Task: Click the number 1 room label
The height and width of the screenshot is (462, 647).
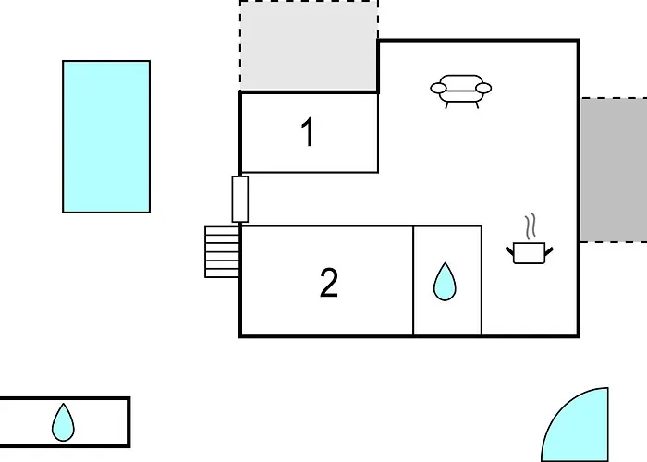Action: [x=309, y=132]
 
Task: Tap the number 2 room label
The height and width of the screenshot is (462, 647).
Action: [x=329, y=283]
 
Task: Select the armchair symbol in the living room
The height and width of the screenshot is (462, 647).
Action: [x=461, y=91]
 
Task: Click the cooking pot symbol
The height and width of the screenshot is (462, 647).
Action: [x=530, y=252]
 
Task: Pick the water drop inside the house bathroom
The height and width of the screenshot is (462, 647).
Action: [x=445, y=281]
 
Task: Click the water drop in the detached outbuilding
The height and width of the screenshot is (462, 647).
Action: [x=63, y=422]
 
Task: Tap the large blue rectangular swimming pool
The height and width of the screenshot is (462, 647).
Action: [x=106, y=137]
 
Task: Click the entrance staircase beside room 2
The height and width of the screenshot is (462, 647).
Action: [x=222, y=251]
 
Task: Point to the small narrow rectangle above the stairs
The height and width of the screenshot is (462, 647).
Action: [x=239, y=200]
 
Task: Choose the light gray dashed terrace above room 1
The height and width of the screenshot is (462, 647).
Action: [x=309, y=46]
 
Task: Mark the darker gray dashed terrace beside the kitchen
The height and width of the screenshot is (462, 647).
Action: [x=614, y=170]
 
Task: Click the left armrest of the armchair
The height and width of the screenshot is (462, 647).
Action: [x=438, y=88]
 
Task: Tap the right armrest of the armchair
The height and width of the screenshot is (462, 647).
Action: [x=483, y=88]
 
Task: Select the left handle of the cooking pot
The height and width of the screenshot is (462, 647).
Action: [x=510, y=250]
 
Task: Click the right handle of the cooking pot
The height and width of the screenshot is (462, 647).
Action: [x=549, y=250]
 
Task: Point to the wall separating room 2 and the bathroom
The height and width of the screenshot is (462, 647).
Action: [x=413, y=281]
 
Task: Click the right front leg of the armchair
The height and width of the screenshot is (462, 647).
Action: [x=478, y=104]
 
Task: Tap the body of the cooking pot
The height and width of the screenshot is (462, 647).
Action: [x=530, y=253]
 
